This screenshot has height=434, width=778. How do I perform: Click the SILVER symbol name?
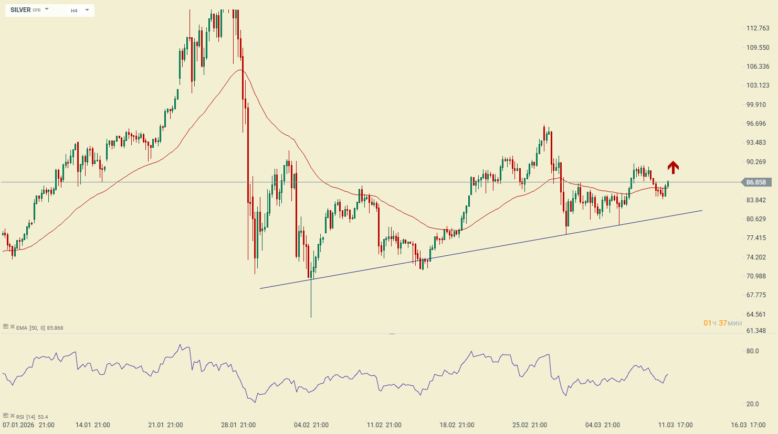pyautogui.click(x=20, y=10)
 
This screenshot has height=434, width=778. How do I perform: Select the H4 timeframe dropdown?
pyautogui.click(x=80, y=10)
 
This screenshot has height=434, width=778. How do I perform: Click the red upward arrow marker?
pyautogui.click(x=673, y=167)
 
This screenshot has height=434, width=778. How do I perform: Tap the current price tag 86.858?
pyautogui.click(x=756, y=182)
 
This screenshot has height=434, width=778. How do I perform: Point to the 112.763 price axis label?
pyautogui.click(x=758, y=28)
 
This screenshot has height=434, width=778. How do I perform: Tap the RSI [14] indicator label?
pyautogui.click(x=26, y=417)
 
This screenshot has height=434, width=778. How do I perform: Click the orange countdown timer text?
pyautogui.click(x=723, y=323)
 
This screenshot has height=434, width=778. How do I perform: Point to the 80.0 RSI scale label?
pyautogui.click(x=752, y=351)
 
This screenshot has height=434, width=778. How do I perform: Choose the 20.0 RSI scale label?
pyautogui.click(x=752, y=404)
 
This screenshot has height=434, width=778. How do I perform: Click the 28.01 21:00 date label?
pyautogui.click(x=238, y=425)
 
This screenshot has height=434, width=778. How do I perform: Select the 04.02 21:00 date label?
pyautogui.click(x=311, y=425)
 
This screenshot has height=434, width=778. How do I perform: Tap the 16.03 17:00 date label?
pyautogui.click(x=748, y=425)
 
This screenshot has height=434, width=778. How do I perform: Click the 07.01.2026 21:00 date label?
pyautogui.click(x=28, y=425)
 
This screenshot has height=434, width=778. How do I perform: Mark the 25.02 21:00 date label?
pyautogui.click(x=530, y=425)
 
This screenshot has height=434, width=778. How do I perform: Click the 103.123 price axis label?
pyautogui.click(x=758, y=85)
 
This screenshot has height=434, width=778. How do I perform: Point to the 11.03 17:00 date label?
pyautogui.click(x=676, y=425)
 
